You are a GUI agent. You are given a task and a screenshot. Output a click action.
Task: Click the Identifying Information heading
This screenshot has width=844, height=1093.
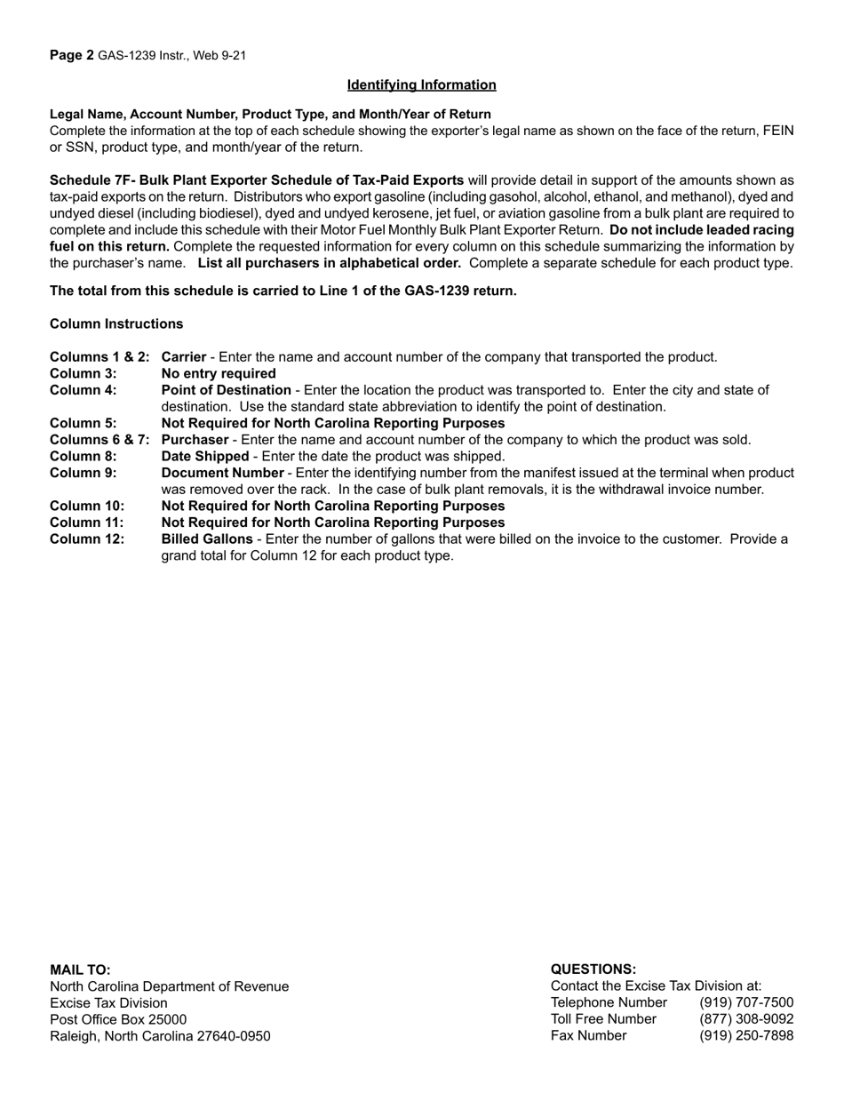click(x=421, y=85)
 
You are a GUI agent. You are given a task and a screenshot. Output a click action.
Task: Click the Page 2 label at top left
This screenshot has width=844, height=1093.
click(x=72, y=55)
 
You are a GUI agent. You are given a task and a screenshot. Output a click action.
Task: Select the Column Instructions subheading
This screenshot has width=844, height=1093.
click(x=116, y=323)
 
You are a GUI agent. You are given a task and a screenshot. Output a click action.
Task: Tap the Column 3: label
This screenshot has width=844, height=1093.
click(x=84, y=373)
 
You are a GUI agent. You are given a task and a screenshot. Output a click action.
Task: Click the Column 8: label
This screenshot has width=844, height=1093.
click(x=84, y=456)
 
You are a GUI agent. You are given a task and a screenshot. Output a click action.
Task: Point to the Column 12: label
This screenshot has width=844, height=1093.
click(x=87, y=539)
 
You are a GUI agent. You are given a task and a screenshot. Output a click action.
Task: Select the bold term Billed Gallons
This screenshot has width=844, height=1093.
click(x=206, y=539)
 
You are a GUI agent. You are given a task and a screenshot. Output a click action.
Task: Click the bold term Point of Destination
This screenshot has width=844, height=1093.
click(x=226, y=390)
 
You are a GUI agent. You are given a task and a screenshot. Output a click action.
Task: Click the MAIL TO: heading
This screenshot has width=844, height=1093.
click(x=81, y=969)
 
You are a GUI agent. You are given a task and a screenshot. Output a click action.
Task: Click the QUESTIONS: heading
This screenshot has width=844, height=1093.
click(x=593, y=969)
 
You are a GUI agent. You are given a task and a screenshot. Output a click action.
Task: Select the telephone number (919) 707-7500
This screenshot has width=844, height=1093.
click(x=746, y=1002)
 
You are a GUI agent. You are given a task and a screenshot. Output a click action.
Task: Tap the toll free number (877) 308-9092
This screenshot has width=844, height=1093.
click(x=746, y=1019)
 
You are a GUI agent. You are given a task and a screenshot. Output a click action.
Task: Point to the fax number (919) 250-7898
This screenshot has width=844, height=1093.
click(x=746, y=1036)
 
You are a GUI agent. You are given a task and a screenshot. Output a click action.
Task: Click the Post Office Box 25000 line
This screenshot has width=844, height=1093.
click(x=118, y=1019)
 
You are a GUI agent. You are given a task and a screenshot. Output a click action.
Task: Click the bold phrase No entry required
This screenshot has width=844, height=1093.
click(x=219, y=373)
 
